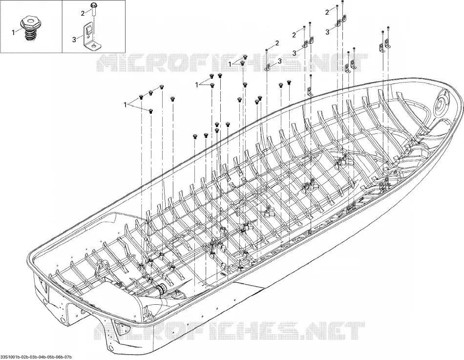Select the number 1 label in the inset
[13, 33]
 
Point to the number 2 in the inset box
[83, 13]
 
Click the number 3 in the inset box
[74, 40]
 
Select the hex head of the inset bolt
[93, 6]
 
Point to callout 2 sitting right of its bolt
[277, 43]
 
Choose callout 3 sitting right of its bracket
[280, 61]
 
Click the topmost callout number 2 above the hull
[327, 12]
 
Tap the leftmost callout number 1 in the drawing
[126, 105]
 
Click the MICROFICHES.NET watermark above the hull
[232, 63]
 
